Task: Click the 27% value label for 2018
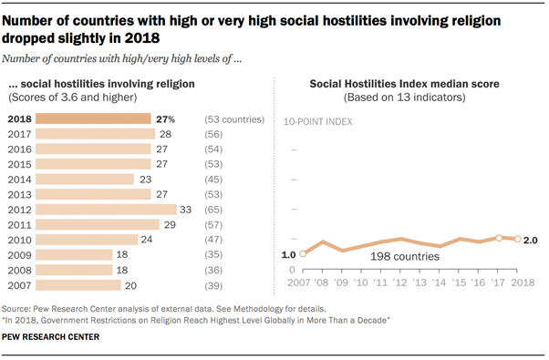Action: tap(166, 118)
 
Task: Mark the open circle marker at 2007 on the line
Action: tap(303, 254)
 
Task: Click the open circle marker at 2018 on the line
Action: tap(517, 239)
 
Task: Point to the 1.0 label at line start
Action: tap(289, 254)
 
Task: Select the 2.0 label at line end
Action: tap(531, 239)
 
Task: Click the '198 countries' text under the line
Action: tap(405, 258)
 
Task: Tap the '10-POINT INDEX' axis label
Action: tap(319, 121)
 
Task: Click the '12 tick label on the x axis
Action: tap(400, 283)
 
